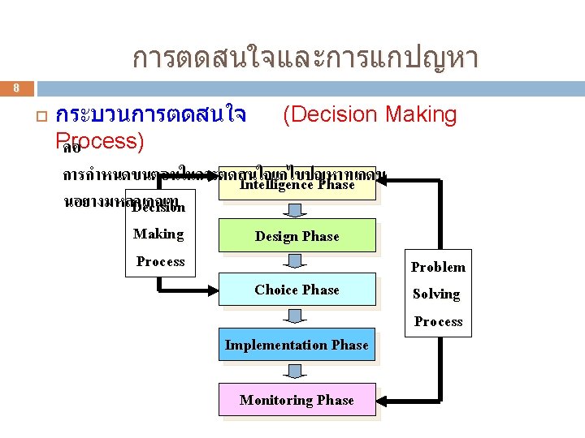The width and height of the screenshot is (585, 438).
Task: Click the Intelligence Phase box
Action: pyautogui.click(x=297, y=185)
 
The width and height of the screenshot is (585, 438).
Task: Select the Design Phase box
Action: pyautogui.click(x=297, y=236)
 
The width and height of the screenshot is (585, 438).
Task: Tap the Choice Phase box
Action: pyautogui.click(x=297, y=290)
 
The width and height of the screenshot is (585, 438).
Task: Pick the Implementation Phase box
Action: pyautogui.click(x=297, y=345)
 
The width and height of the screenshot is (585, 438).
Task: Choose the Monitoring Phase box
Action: pyautogui.click(x=297, y=400)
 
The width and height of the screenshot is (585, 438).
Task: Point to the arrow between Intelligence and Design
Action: pyautogui.click(x=297, y=211)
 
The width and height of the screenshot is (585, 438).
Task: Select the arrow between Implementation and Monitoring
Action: pyautogui.click(x=297, y=371)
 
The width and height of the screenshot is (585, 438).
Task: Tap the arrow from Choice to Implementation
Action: pyautogui.click(x=297, y=316)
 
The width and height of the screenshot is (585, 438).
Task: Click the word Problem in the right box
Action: pyautogui.click(x=438, y=268)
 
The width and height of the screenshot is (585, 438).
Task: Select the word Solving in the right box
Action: pyautogui.click(x=436, y=294)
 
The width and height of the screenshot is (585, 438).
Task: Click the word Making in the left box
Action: pyautogui.click(x=158, y=234)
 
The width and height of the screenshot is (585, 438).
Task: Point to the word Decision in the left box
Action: pyautogui.click(x=159, y=207)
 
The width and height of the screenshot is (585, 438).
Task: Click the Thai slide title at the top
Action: pyautogui.click(x=305, y=58)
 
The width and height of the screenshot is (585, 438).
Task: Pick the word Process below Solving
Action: pyautogui.click(x=438, y=322)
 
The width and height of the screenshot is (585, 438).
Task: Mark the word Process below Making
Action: pyautogui.click(x=160, y=261)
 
